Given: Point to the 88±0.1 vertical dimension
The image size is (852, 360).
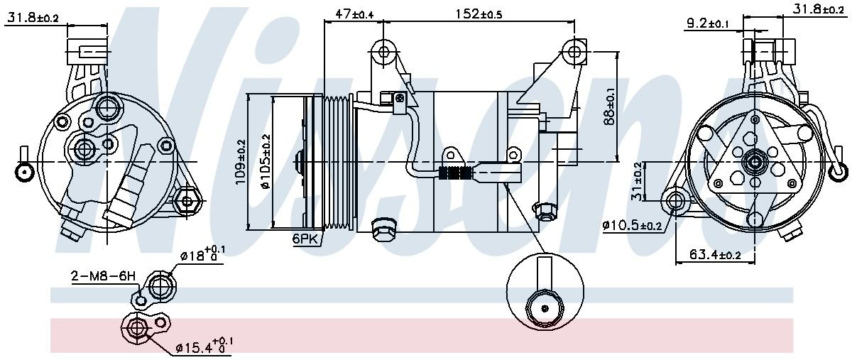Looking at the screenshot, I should pyautogui.click(x=609, y=107).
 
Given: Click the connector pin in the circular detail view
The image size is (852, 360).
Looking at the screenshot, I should pyautogui.click(x=545, y=308).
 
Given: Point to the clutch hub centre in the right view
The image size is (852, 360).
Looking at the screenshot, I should pyautogui.click(x=752, y=163).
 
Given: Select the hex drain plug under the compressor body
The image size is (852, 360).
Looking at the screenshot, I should pyautogui.click(x=383, y=227).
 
